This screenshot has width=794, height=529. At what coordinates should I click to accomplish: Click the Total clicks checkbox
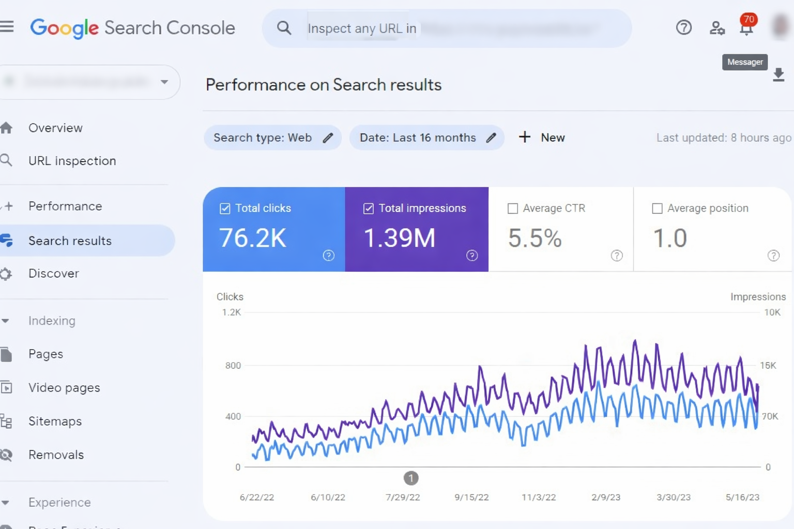[x=225, y=208]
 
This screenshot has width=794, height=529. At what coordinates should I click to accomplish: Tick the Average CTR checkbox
[x=513, y=208]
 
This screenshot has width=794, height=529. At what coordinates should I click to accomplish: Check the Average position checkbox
[x=657, y=208]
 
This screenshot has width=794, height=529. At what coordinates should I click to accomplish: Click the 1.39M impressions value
[x=400, y=238]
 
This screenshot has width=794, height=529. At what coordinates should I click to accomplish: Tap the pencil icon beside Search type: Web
[x=328, y=138]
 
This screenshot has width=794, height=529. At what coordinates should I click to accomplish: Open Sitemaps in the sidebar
[x=55, y=421]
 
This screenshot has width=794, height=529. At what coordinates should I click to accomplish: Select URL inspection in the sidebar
[x=72, y=161]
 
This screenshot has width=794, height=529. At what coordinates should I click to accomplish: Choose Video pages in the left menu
[x=64, y=387]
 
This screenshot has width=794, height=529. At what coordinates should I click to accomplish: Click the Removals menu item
[x=56, y=455]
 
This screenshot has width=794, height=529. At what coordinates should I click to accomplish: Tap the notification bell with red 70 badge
[x=746, y=28]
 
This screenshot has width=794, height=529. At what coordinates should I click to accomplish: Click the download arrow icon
[x=778, y=75]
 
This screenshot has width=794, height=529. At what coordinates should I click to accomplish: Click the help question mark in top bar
[x=683, y=27]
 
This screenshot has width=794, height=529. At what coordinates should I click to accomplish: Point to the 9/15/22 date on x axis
[x=471, y=497]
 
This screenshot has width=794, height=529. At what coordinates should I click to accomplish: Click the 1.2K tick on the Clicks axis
[x=231, y=312]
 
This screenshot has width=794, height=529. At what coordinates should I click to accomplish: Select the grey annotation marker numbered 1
[x=411, y=478]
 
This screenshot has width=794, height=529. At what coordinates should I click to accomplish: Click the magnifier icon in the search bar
[x=284, y=28]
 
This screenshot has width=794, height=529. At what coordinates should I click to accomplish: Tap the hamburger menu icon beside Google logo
[x=7, y=26]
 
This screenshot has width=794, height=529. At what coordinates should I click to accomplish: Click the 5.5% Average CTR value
[x=535, y=238]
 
